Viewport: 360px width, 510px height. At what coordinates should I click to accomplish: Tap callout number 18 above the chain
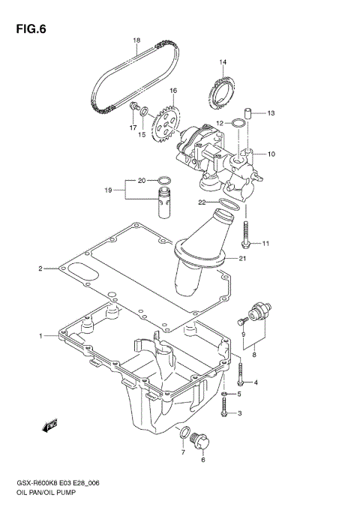[x=136, y=40]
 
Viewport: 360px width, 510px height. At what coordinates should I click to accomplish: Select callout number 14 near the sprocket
[x=223, y=61]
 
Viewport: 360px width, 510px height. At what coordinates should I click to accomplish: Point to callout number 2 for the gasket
[x=41, y=268]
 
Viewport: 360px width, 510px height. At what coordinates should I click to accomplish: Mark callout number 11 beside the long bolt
[x=265, y=243]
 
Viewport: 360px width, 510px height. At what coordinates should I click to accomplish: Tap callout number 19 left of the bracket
[x=109, y=190]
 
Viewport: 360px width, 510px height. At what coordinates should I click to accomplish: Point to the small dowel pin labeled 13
[x=253, y=113]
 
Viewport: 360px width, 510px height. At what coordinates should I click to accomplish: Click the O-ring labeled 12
[x=238, y=122]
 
